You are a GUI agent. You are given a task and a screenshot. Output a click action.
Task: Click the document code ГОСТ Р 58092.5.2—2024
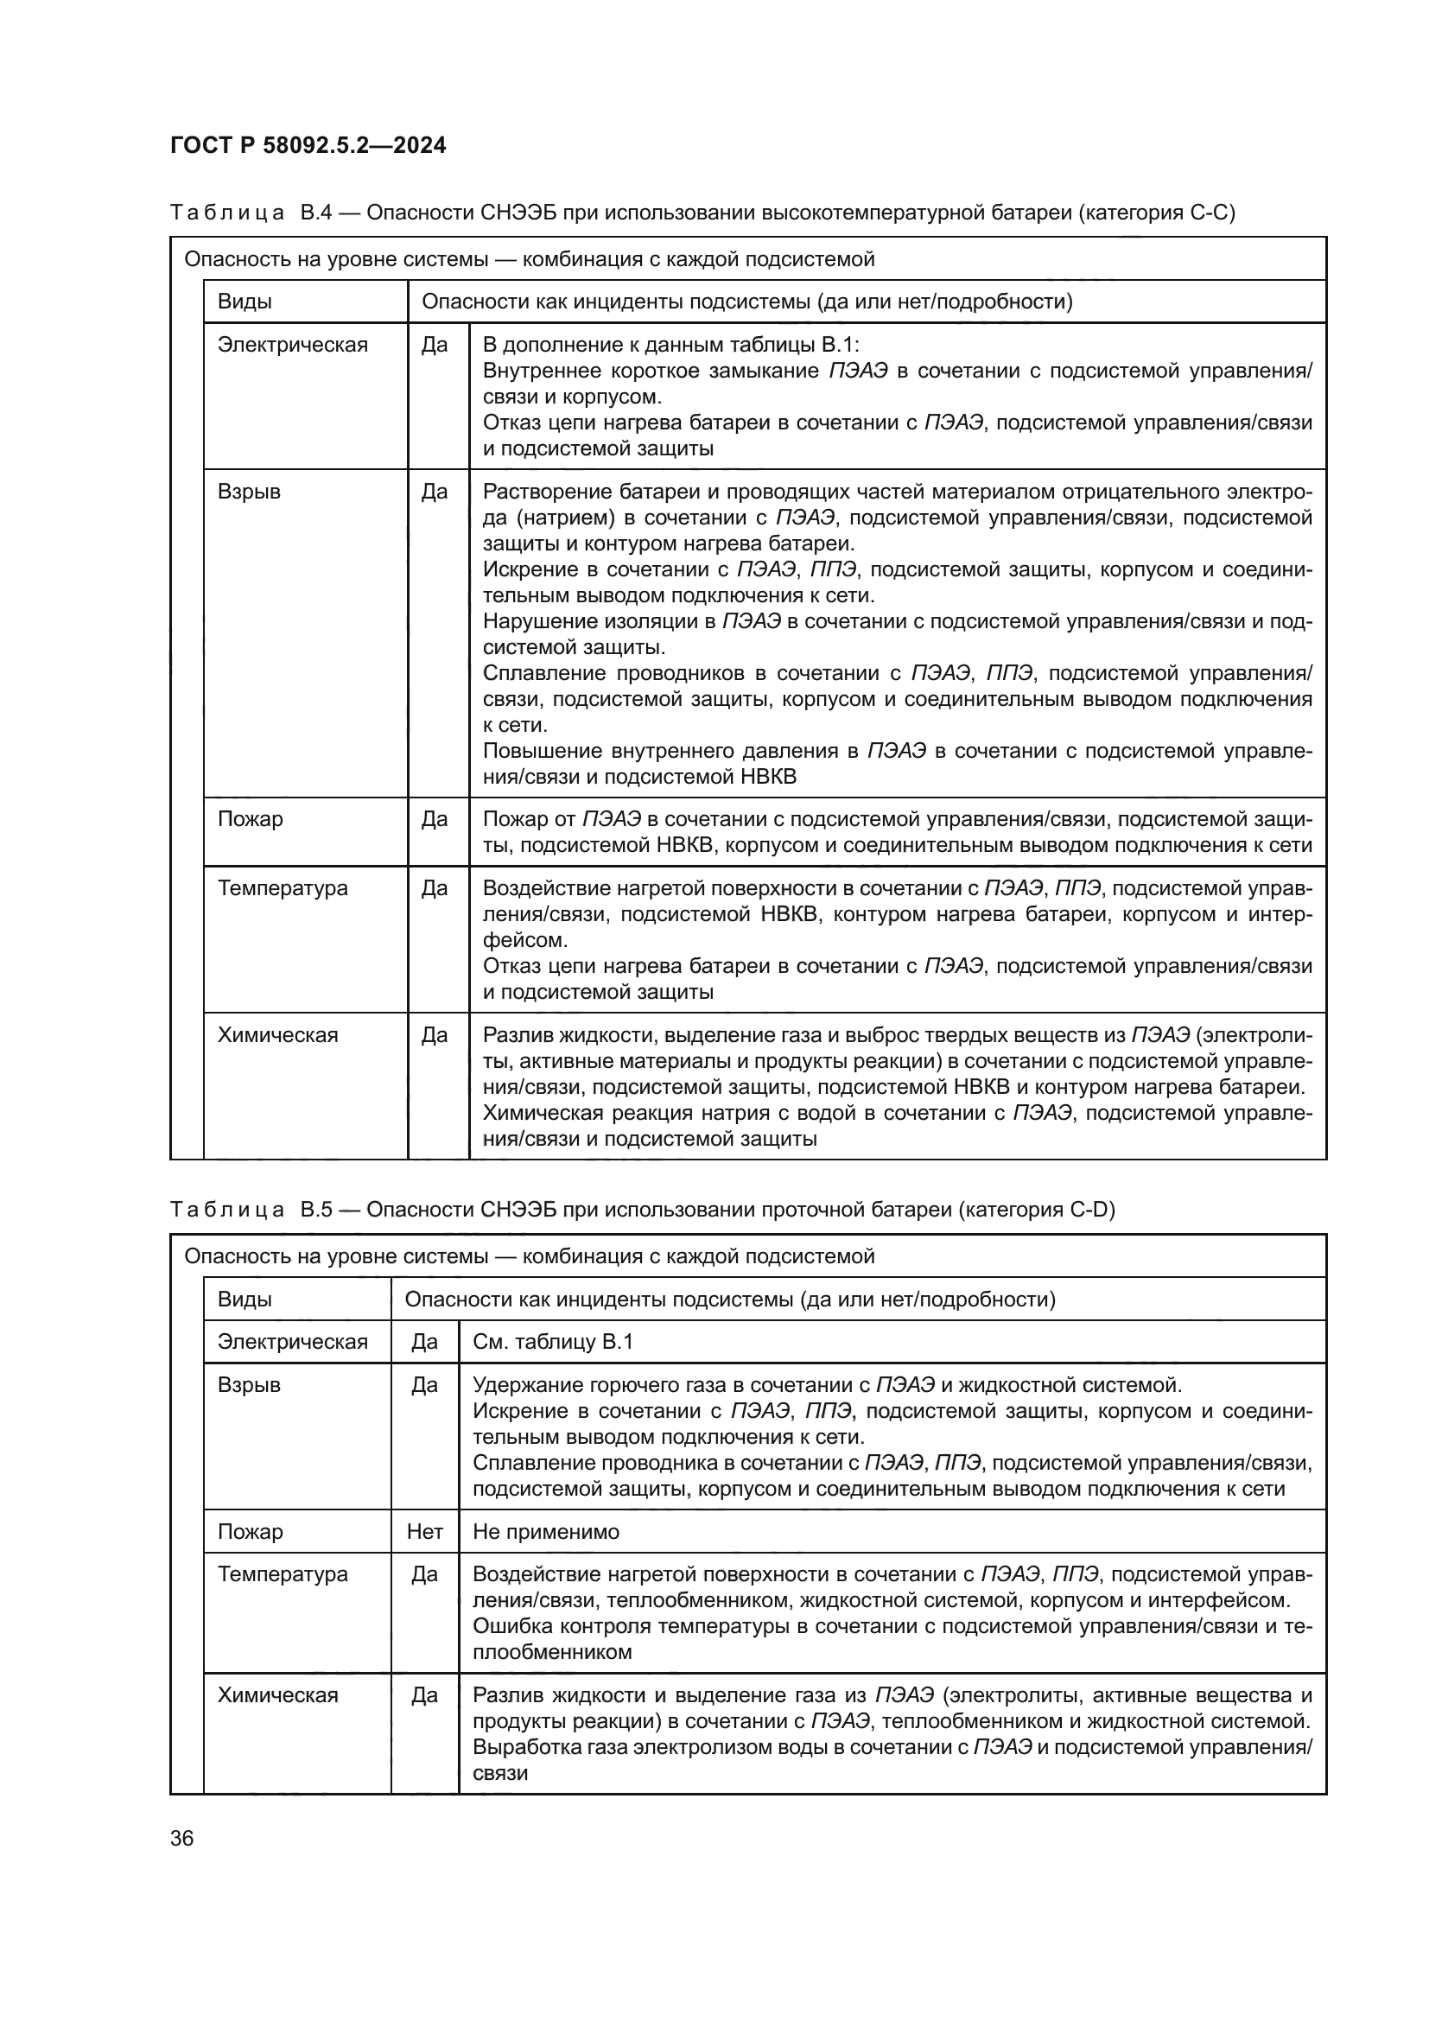click(x=308, y=145)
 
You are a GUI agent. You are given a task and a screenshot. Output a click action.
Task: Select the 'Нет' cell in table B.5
click(x=424, y=1532)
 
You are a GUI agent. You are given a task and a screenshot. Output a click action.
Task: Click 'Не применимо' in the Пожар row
click(x=545, y=1532)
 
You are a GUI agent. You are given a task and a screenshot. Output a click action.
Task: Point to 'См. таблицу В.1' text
click(x=553, y=1342)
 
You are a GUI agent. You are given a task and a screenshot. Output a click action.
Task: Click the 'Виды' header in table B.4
click(x=245, y=302)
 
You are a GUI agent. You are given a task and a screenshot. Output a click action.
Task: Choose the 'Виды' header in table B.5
click(x=245, y=1300)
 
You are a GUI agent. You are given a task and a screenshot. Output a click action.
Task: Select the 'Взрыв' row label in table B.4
click(x=249, y=491)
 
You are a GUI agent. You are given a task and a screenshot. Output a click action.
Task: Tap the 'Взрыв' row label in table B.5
click(x=249, y=1384)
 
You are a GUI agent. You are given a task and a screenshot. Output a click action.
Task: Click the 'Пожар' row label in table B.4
click(x=250, y=818)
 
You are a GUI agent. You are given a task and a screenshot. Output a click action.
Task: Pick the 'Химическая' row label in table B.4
click(x=277, y=1034)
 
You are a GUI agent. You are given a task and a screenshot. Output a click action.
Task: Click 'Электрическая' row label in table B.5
click(x=292, y=1342)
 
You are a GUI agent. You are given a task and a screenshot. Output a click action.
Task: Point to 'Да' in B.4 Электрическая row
click(x=434, y=344)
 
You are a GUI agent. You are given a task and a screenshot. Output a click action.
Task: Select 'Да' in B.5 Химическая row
click(x=424, y=1695)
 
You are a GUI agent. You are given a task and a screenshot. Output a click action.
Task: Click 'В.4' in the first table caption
click(x=316, y=213)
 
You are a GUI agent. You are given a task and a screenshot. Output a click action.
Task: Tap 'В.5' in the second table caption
click(x=316, y=1210)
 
